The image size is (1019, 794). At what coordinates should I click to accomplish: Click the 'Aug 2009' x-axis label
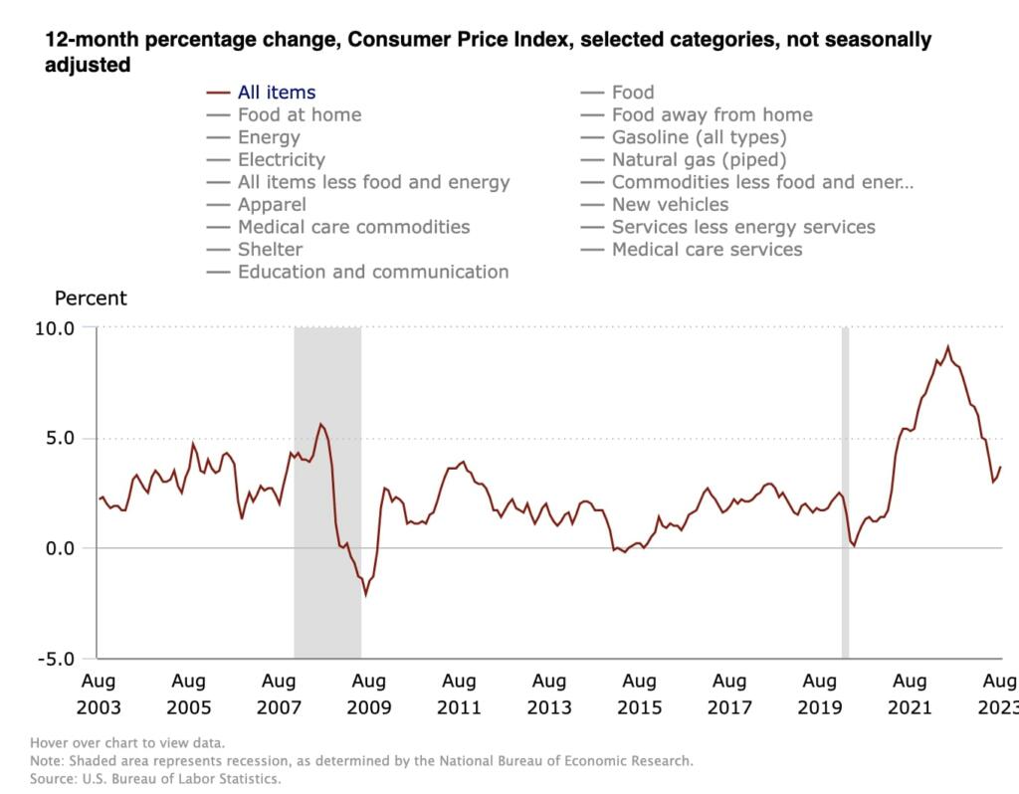point(368,695)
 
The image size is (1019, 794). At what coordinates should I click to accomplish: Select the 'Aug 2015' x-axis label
point(639,695)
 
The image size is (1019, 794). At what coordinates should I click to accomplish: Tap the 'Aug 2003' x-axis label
point(98,695)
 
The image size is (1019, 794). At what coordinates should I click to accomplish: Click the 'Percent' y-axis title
point(91,298)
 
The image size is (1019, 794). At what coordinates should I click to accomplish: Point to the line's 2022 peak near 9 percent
point(947,347)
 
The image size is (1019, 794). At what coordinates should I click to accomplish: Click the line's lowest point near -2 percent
point(365,594)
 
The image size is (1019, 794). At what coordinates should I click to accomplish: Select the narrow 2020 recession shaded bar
point(845,493)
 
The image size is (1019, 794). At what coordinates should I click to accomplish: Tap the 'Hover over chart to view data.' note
point(127,742)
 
